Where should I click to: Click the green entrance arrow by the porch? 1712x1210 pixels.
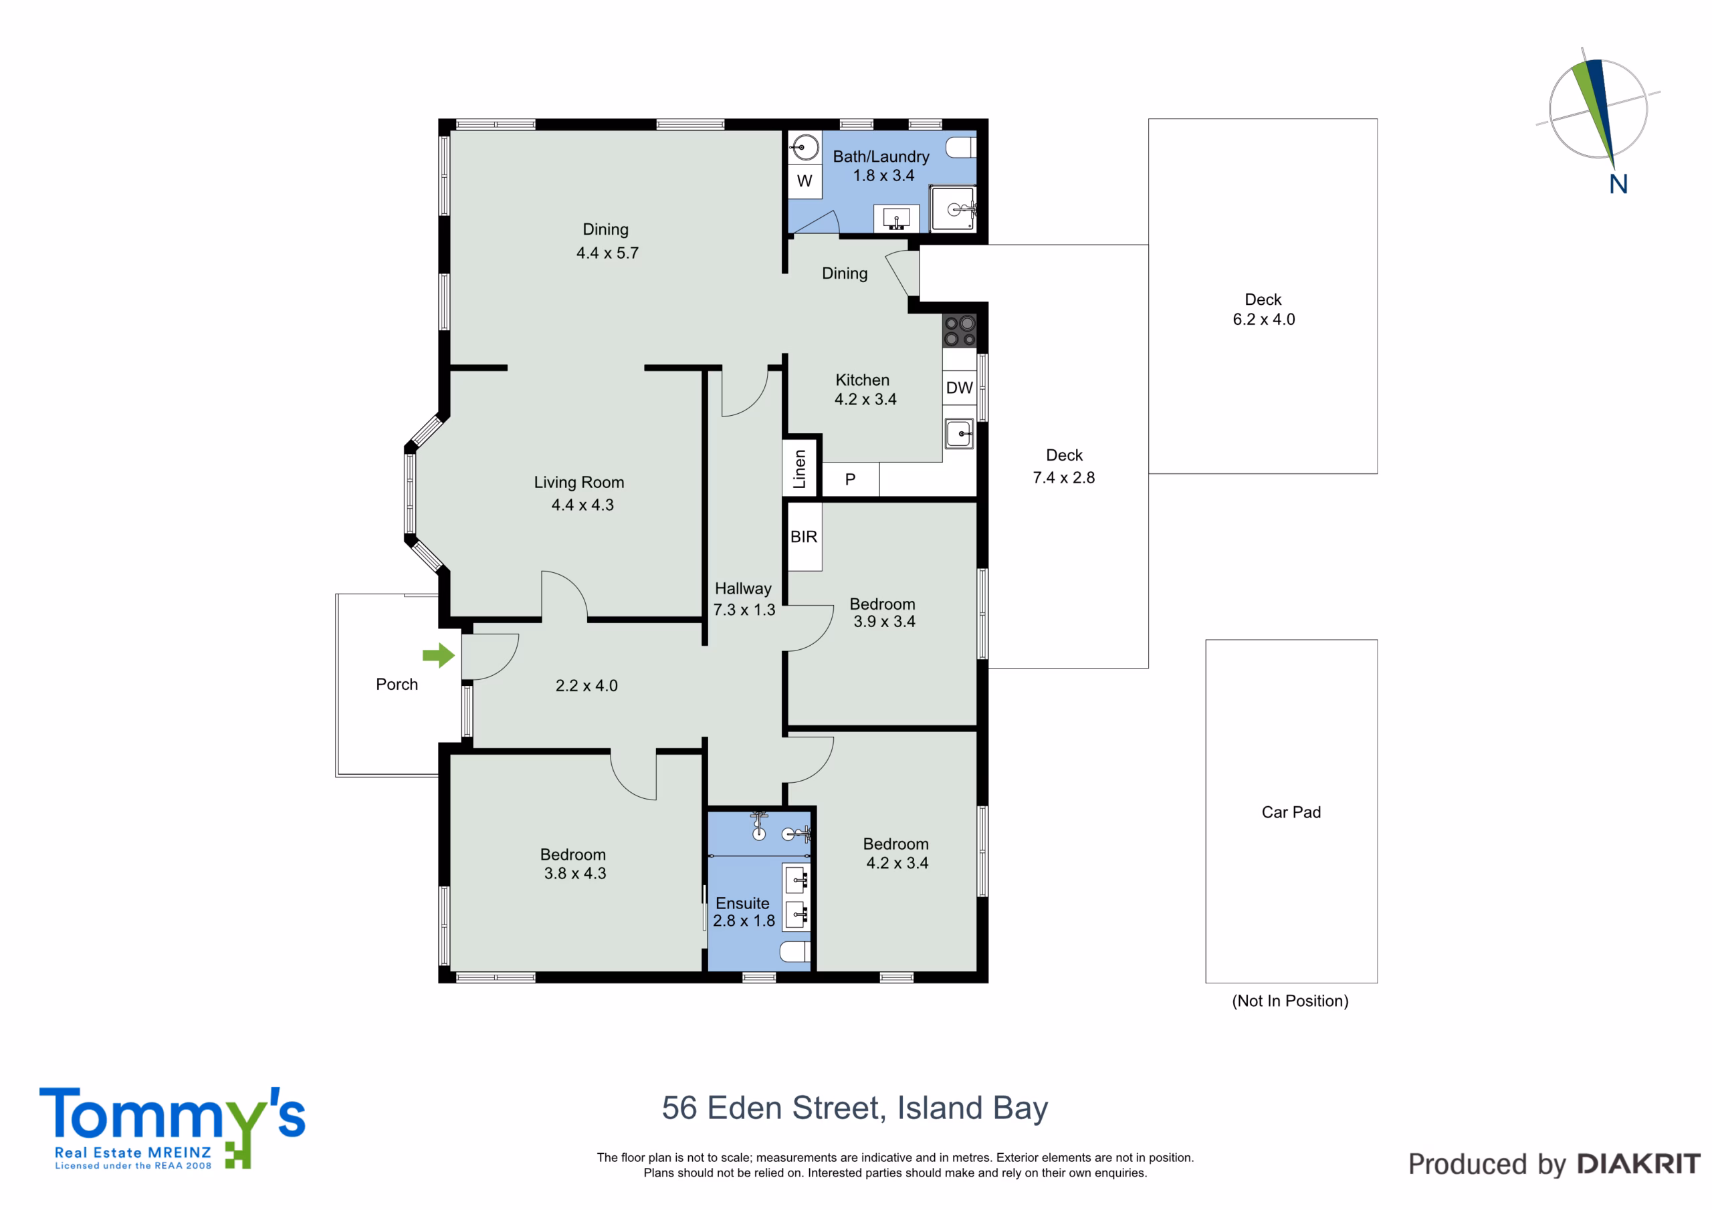439,655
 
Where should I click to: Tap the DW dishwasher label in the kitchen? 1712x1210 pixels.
959,388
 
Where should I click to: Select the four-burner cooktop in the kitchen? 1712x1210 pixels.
960,331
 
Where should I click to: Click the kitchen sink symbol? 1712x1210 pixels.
960,433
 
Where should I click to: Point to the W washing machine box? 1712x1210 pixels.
805,180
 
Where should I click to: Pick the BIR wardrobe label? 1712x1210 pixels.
804,537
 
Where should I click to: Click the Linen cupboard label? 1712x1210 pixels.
799,469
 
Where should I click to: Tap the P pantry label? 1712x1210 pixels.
850,480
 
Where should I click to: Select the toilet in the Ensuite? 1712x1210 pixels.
795,951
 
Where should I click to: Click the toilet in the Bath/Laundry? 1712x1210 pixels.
961,148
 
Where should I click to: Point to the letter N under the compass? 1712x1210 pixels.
1618,184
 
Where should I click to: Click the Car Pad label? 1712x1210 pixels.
1291,812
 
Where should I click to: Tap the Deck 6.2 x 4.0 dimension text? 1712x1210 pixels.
1264,319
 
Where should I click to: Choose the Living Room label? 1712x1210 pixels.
578,483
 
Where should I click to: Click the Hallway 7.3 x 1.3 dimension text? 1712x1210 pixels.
744,610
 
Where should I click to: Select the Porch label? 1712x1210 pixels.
397,685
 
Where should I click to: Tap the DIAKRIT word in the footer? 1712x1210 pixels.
1639,1164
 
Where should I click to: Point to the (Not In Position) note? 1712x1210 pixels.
1290,1001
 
